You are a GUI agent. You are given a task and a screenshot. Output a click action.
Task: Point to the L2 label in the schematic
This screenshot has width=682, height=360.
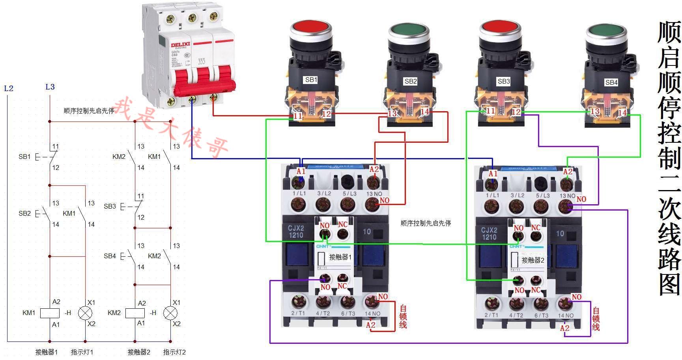(9, 88)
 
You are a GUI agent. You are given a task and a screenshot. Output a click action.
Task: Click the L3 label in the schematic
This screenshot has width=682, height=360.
(50, 87)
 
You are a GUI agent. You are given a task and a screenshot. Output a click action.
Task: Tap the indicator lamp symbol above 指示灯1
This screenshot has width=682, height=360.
(85, 313)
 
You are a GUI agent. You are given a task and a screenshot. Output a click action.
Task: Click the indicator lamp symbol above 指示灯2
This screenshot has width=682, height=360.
(170, 313)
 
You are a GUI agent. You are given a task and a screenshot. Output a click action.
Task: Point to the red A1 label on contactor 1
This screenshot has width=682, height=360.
(301, 171)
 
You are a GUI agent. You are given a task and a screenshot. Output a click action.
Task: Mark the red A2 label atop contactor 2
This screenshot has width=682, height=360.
(568, 172)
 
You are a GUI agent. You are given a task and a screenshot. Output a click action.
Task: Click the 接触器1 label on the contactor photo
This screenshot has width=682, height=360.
(340, 257)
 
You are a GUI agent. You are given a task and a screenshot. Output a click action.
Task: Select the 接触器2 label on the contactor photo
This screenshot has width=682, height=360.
(533, 260)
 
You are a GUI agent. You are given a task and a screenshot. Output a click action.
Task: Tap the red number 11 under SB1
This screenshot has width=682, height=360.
(298, 116)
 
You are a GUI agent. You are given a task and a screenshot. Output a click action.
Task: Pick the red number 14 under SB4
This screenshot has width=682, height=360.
(622, 113)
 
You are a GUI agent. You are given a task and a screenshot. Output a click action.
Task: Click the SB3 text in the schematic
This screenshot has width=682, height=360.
(110, 206)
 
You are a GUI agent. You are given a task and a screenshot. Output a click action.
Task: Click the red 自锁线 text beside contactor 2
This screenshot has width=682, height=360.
(596, 319)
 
